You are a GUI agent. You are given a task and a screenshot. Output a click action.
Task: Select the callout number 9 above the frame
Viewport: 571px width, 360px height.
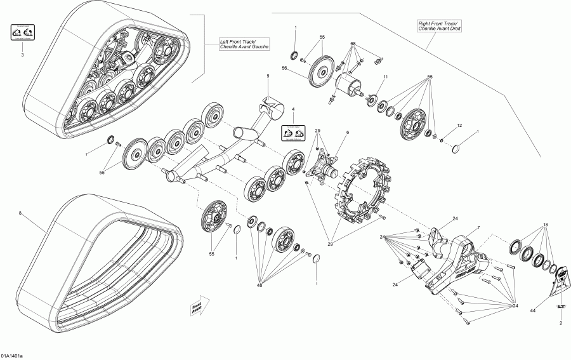[268, 76]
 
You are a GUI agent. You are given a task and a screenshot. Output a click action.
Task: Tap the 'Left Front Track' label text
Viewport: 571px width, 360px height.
[244, 44]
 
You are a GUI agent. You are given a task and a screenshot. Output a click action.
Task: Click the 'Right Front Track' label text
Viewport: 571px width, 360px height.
[433, 27]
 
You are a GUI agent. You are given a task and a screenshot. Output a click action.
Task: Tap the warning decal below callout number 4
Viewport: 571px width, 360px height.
[293, 133]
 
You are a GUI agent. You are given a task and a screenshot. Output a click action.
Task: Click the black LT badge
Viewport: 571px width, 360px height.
[561, 307]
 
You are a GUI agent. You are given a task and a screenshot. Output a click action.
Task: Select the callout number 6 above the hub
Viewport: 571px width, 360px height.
[348, 132]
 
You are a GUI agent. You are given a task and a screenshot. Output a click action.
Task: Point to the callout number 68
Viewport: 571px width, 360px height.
[353, 44]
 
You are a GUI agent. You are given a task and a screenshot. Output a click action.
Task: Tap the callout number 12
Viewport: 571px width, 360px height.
[459, 125]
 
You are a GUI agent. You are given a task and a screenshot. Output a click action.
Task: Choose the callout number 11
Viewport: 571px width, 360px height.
[384, 77]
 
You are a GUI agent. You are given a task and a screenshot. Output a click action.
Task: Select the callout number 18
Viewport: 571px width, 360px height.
[546, 225]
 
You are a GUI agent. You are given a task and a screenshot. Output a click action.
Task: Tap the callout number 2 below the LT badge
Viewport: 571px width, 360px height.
[561, 323]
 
